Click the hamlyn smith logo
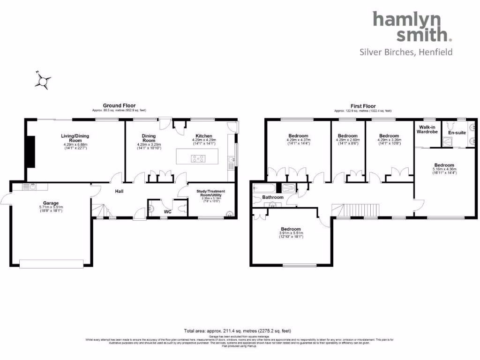click(412, 27)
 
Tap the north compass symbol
click(43, 81)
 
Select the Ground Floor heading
click(120, 106)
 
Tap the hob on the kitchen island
click(197, 158)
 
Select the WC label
click(167, 211)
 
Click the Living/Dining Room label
click(75, 138)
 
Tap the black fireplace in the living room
click(31, 151)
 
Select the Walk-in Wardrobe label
click(427, 129)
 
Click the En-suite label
click(457, 133)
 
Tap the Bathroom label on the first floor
click(273, 197)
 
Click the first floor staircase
click(361, 209)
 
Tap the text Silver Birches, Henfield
click(406, 52)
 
